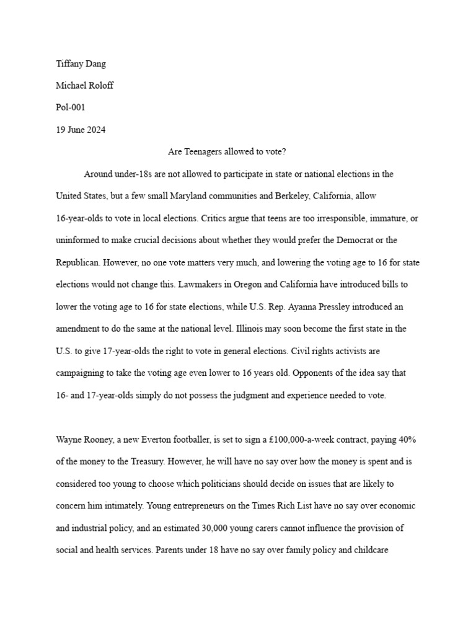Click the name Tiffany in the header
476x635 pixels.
click(x=70, y=63)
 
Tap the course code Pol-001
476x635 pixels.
click(x=71, y=107)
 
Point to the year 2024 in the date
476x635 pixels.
click(x=94, y=130)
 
